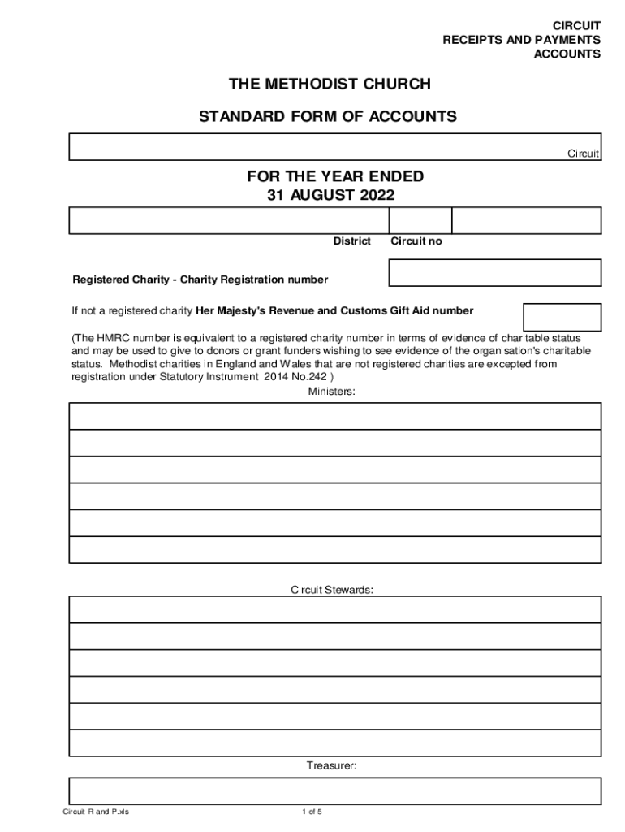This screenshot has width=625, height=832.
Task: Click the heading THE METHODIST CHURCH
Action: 328,84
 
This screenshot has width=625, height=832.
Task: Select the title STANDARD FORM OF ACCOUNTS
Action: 328,117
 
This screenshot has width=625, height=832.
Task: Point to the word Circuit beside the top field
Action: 583,154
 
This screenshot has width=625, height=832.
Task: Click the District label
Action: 352,241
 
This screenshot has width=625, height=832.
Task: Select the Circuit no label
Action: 416,241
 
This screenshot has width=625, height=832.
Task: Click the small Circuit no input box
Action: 420,220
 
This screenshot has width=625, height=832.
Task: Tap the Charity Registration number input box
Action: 495,273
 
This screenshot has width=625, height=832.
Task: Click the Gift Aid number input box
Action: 562,317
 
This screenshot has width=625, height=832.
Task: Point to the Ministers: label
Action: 331,392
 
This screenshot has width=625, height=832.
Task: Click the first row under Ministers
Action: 334,416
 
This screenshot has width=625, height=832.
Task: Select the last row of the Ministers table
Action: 334,549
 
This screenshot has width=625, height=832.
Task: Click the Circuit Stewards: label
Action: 332,590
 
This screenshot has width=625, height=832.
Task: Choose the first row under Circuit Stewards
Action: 334,609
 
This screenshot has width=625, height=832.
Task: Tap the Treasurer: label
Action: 331,765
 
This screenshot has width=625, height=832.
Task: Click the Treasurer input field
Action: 334,791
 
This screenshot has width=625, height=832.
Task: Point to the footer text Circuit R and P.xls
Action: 96,812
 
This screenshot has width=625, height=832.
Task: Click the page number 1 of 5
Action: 312,812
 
